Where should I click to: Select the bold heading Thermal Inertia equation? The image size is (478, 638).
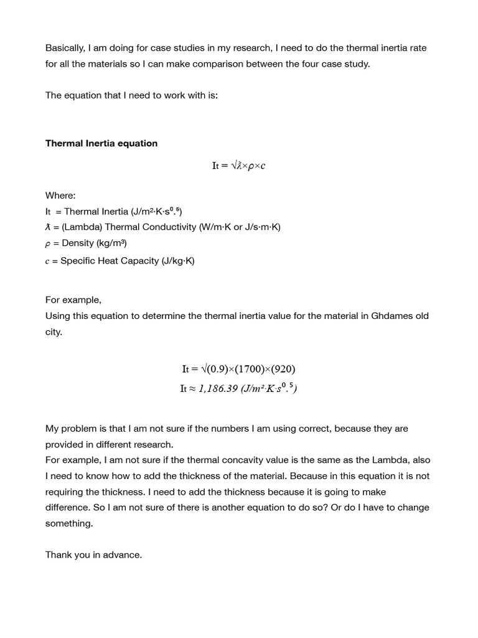[101, 143]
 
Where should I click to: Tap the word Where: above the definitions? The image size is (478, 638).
[60, 196]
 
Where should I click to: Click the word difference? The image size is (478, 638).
[67, 507]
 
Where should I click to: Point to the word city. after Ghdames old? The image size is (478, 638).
[54, 332]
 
